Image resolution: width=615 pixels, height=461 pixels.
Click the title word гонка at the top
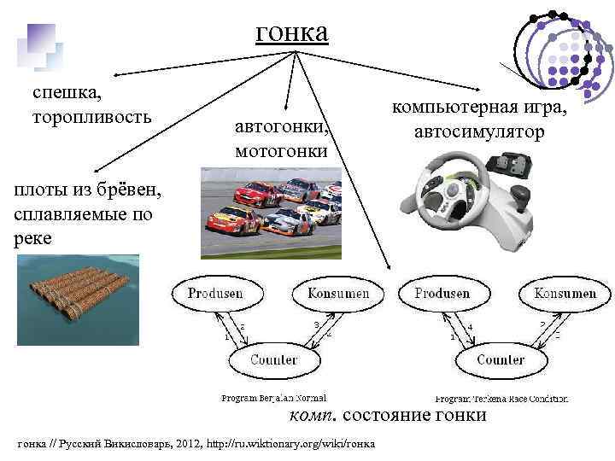291,33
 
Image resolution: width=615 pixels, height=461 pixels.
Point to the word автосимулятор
479,132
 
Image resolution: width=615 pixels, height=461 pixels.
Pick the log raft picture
77,300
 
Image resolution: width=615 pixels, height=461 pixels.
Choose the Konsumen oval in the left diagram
331,294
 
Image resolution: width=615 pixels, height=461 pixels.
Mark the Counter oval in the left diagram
272,359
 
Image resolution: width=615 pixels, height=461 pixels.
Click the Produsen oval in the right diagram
442,294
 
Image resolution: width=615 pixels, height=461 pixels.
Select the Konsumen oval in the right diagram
565,294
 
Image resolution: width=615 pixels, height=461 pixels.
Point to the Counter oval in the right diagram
500,359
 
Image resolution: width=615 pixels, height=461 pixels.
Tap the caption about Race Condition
501,399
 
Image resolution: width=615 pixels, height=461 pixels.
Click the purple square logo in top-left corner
38,44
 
